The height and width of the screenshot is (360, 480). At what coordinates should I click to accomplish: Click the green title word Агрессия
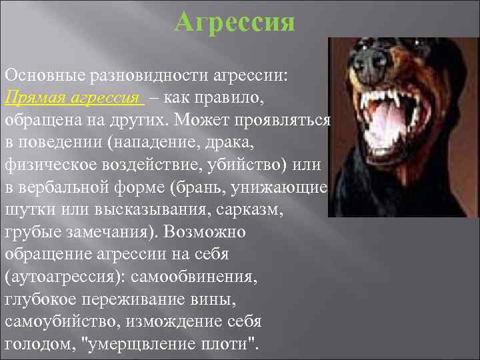234,22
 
